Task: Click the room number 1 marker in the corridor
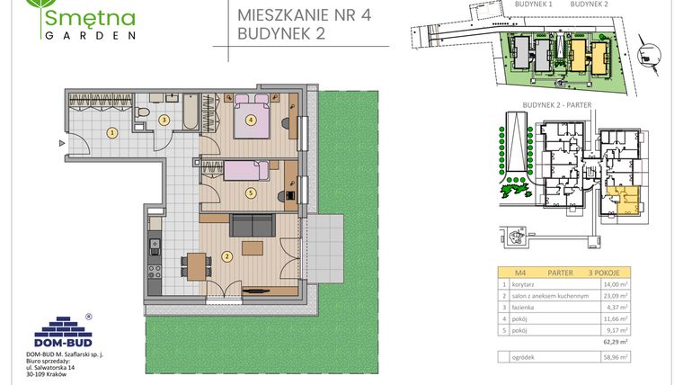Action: point(111,132)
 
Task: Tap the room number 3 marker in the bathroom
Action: point(164,119)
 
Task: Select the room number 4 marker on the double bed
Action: point(251,119)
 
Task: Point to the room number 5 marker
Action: point(251,192)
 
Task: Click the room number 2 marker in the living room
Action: point(228,256)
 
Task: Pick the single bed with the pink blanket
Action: point(237,168)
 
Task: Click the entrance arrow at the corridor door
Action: point(61,142)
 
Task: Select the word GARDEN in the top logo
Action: point(89,36)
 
